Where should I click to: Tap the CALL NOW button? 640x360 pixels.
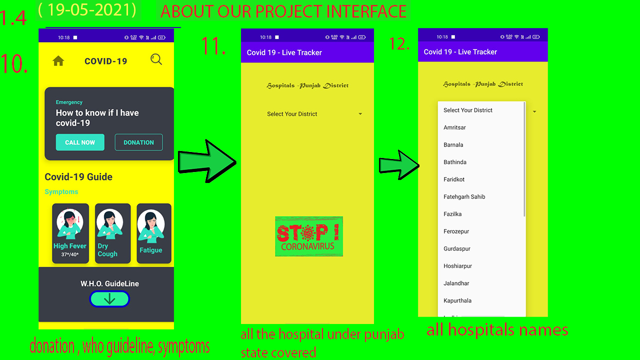(80, 142)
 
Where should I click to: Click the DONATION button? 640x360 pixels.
(138, 142)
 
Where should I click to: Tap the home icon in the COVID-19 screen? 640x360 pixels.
(58, 61)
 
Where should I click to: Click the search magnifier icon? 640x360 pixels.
(156, 60)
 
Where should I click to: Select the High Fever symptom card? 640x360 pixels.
(70, 233)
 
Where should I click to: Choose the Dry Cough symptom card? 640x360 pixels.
(112, 233)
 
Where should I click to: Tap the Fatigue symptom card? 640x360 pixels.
(153, 233)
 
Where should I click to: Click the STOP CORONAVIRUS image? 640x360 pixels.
(309, 236)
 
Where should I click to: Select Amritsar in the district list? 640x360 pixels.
(455, 127)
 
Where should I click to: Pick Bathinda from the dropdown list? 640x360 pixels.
(455, 162)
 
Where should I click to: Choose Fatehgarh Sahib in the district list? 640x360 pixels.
(464, 196)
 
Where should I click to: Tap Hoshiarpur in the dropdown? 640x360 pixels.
(458, 266)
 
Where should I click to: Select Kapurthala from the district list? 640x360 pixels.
(457, 300)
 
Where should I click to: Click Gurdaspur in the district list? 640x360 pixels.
(457, 248)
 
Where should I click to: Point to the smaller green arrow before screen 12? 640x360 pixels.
(398, 164)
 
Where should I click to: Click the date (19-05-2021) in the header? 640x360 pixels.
(87, 10)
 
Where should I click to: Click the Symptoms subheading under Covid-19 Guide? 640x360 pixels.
(61, 192)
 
